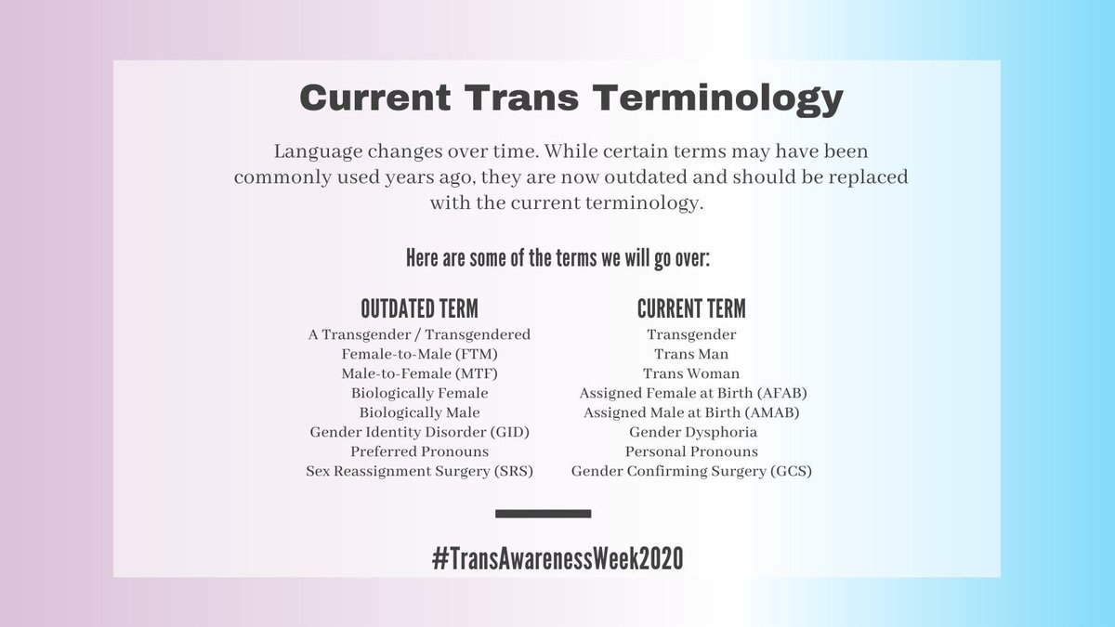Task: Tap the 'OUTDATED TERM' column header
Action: click(x=419, y=308)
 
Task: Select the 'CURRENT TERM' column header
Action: click(x=691, y=308)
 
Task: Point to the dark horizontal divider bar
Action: click(x=544, y=513)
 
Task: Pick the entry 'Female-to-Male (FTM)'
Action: click(x=419, y=354)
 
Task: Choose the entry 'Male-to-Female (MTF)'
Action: click(x=419, y=373)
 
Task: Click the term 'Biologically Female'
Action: click(x=419, y=393)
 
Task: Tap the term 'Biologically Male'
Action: click(x=419, y=412)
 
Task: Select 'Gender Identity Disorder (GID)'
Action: click(x=419, y=432)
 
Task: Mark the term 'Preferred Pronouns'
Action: click(x=419, y=451)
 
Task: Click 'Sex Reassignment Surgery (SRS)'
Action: click(x=419, y=471)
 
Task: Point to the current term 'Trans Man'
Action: click(x=691, y=354)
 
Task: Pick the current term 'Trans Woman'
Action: click(x=691, y=373)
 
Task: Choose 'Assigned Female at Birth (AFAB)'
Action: click(x=691, y=393)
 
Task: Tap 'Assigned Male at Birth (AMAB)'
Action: click(x=691, y=412)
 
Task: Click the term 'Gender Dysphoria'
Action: click(x=691, y=432)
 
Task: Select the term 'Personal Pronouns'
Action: click(x=691, y=451)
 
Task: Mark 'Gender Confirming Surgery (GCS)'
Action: click(x=691, y=471)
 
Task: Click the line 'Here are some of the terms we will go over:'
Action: click(x=557, y=258)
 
